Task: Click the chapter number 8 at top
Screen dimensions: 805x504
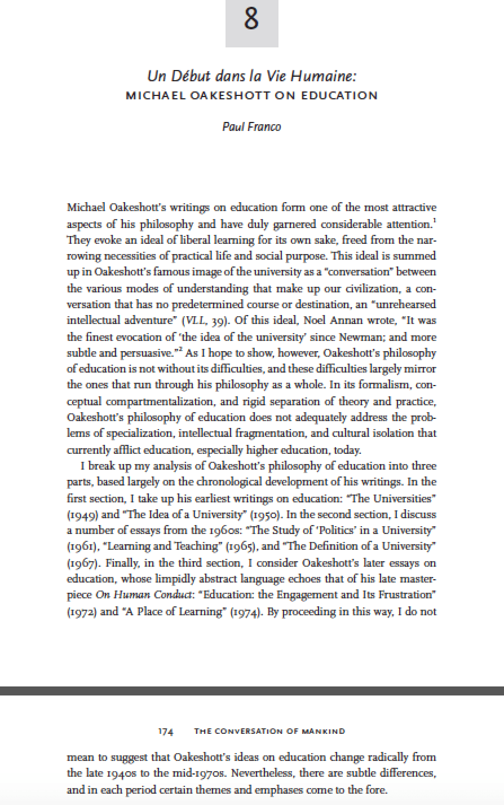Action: (x=251, y=19)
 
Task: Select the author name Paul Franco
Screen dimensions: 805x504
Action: (x=251, y=126)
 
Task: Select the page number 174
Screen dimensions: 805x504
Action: (x=166, y=731)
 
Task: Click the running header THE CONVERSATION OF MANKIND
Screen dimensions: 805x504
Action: (x=269, y=731)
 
